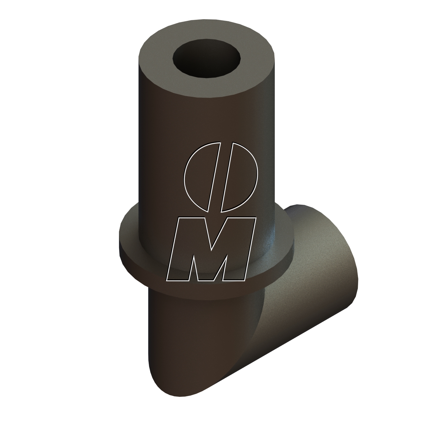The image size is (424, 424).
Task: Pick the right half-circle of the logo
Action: [240, 178]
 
